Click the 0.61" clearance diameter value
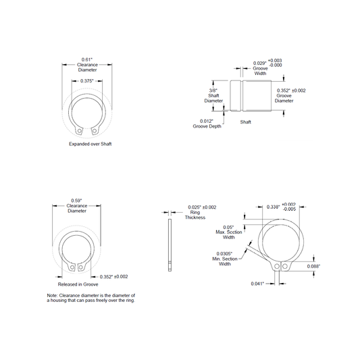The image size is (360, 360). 86,59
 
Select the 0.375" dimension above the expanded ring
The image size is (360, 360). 87,81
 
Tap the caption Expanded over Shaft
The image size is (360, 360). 91,144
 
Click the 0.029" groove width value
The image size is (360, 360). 259,63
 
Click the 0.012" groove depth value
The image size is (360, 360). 207,121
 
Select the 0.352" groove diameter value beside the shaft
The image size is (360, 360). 284,91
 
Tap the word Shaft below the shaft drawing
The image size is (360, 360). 245,122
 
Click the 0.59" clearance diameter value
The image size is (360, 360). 76,201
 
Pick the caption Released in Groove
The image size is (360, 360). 78,284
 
